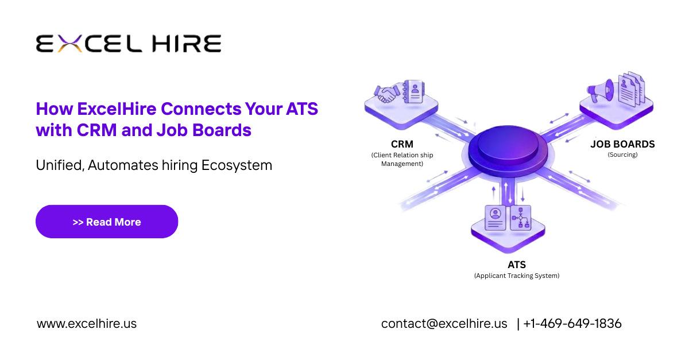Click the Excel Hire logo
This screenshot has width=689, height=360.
point(129,44)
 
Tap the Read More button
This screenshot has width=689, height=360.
point(107,222)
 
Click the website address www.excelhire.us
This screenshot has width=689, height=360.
point(87,323)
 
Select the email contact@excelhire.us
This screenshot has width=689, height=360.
point(444,323)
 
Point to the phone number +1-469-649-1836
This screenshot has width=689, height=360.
point(572,323)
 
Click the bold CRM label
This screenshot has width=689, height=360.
point(401,144)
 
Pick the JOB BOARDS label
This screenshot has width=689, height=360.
point(622,144)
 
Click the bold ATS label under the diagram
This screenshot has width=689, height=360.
point(516,265)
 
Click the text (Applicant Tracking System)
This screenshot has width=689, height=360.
point(516,276)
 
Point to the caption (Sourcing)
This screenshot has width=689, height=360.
point(622,154)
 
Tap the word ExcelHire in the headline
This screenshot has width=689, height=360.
point(118,109)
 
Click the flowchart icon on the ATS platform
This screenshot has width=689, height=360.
point(521,218)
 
